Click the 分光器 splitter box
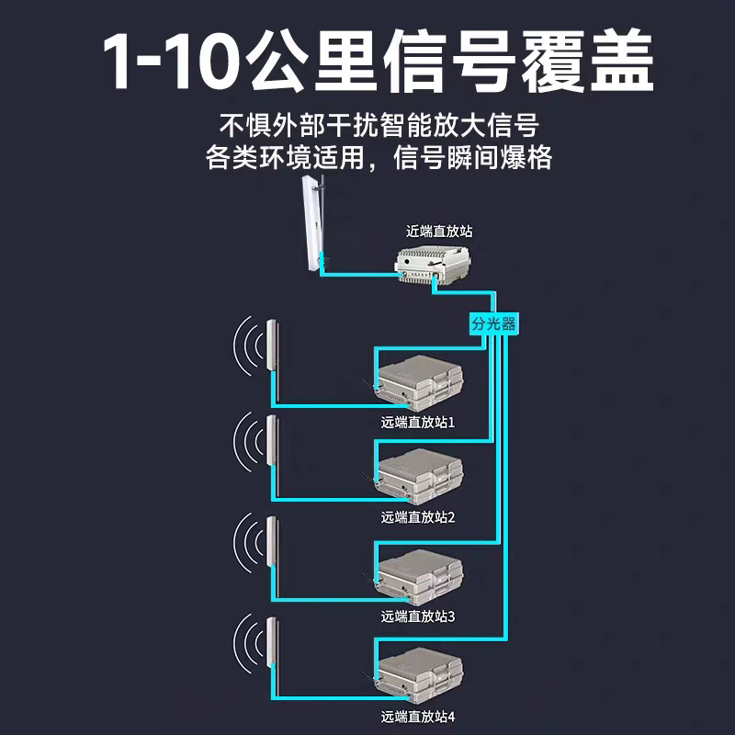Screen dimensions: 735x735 (493, 323)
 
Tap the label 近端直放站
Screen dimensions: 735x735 (439, 232)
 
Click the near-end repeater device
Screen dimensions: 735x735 (433, 265)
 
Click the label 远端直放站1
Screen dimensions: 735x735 (418, 423)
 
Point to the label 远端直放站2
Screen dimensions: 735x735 (418, 517)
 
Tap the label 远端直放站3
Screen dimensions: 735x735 (418, 616)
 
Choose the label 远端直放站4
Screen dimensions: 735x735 (418, 717)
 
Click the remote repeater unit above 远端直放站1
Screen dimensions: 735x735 (420, 383)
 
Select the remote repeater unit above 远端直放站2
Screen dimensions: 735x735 (420, 477)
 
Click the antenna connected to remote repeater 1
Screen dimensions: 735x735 (271, 346)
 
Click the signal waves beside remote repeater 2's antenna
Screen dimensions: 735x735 (248, 441)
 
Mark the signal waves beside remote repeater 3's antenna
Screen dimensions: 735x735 (248, 542)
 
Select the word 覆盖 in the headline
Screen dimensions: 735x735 (587, 61)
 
